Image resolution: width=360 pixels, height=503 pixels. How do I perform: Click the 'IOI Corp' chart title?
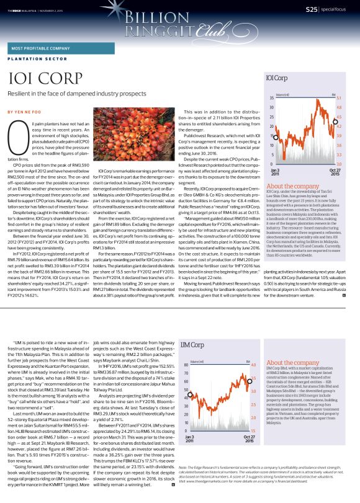point(276,79)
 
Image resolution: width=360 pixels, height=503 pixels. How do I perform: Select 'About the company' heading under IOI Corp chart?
point(293,186)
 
